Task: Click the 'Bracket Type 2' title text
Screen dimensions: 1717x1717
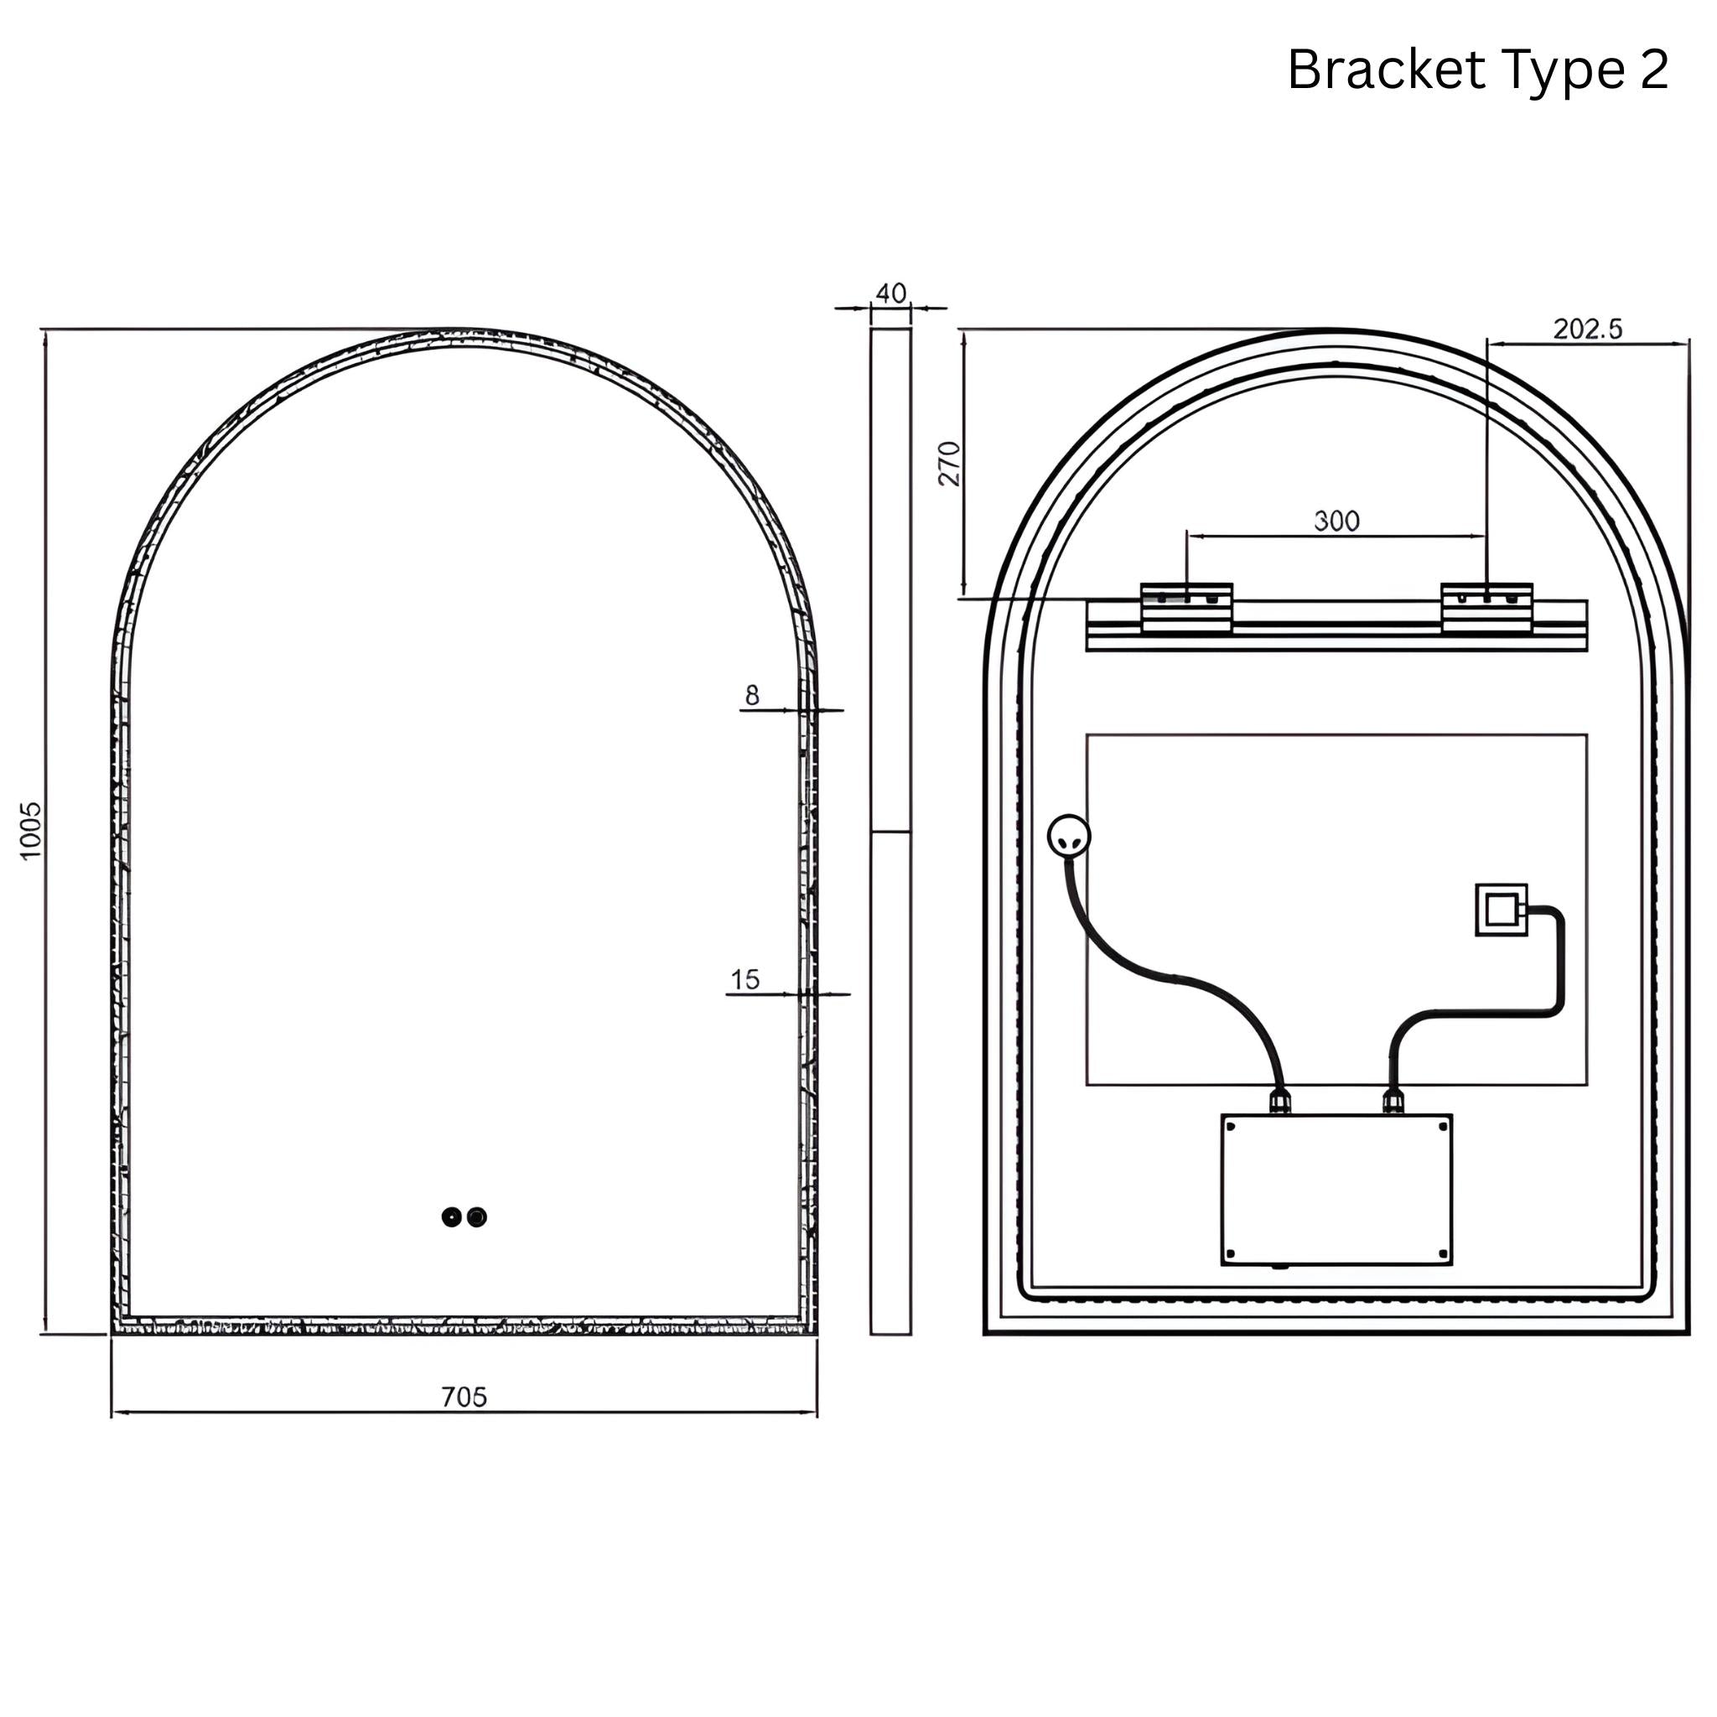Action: click(x=1477, y=70)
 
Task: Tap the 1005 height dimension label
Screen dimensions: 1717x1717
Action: click(x=31, y=830)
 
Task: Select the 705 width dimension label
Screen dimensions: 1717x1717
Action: click(x=464, y=1397)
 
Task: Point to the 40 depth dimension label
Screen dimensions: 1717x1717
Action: click(x=890, y=293)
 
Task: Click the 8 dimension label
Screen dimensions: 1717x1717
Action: click(x=752, y=695)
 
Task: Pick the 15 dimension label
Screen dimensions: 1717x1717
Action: click(x=744, y=979)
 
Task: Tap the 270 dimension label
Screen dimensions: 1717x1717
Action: click(x=950, y=463)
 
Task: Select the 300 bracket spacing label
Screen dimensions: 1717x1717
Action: click(x=1336, y=520)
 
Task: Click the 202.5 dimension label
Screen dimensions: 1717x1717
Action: click(x=1587, y=329)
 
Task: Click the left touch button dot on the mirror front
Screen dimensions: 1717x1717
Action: click(x=452, y=1216)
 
